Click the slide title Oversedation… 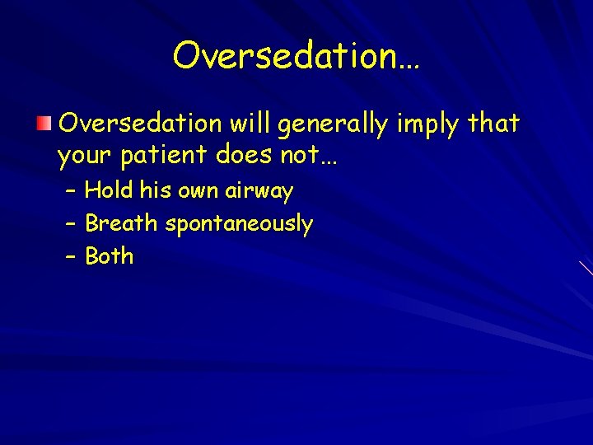click(x=296, y=56)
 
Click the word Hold click(x=110, y=191)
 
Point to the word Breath click(x=122, y=223)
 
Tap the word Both click(x=109, y=256)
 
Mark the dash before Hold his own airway click(x=71, y=191)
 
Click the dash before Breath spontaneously click(x=71, y=224)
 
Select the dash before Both click(x=71, y=256)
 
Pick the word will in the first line click(x=251, y=124)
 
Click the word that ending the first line click(x=493, y=124)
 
